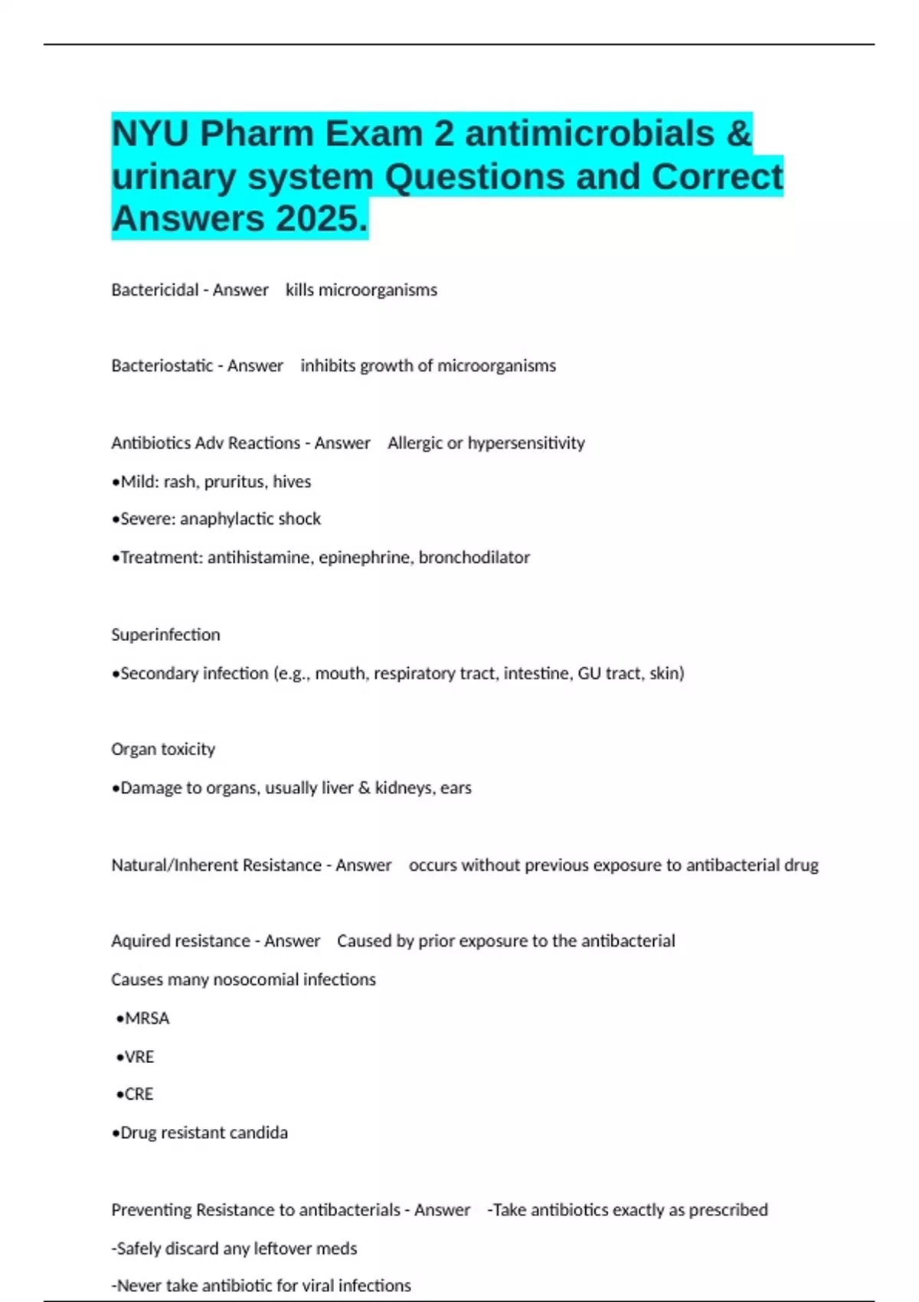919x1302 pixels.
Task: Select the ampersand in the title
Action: coord(739,134)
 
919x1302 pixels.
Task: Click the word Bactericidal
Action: coord(155,290)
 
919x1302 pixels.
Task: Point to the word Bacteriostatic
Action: coord(162,366)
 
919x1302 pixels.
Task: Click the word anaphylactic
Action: coord(227,519)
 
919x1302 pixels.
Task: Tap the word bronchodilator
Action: coord(474,558)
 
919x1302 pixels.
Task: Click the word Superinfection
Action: coord(165,635)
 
